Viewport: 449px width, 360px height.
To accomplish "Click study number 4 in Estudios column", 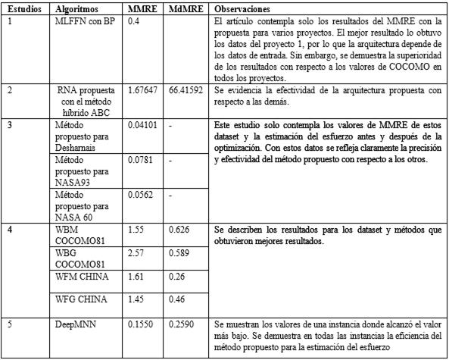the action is pyautogui.click(x=10, y=229).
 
